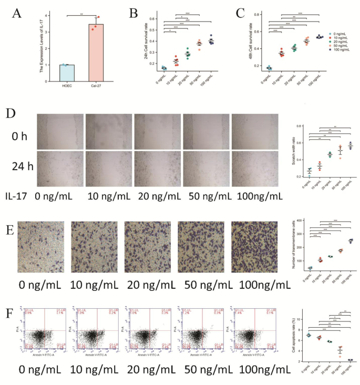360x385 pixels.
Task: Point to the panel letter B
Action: click(134, 11)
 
